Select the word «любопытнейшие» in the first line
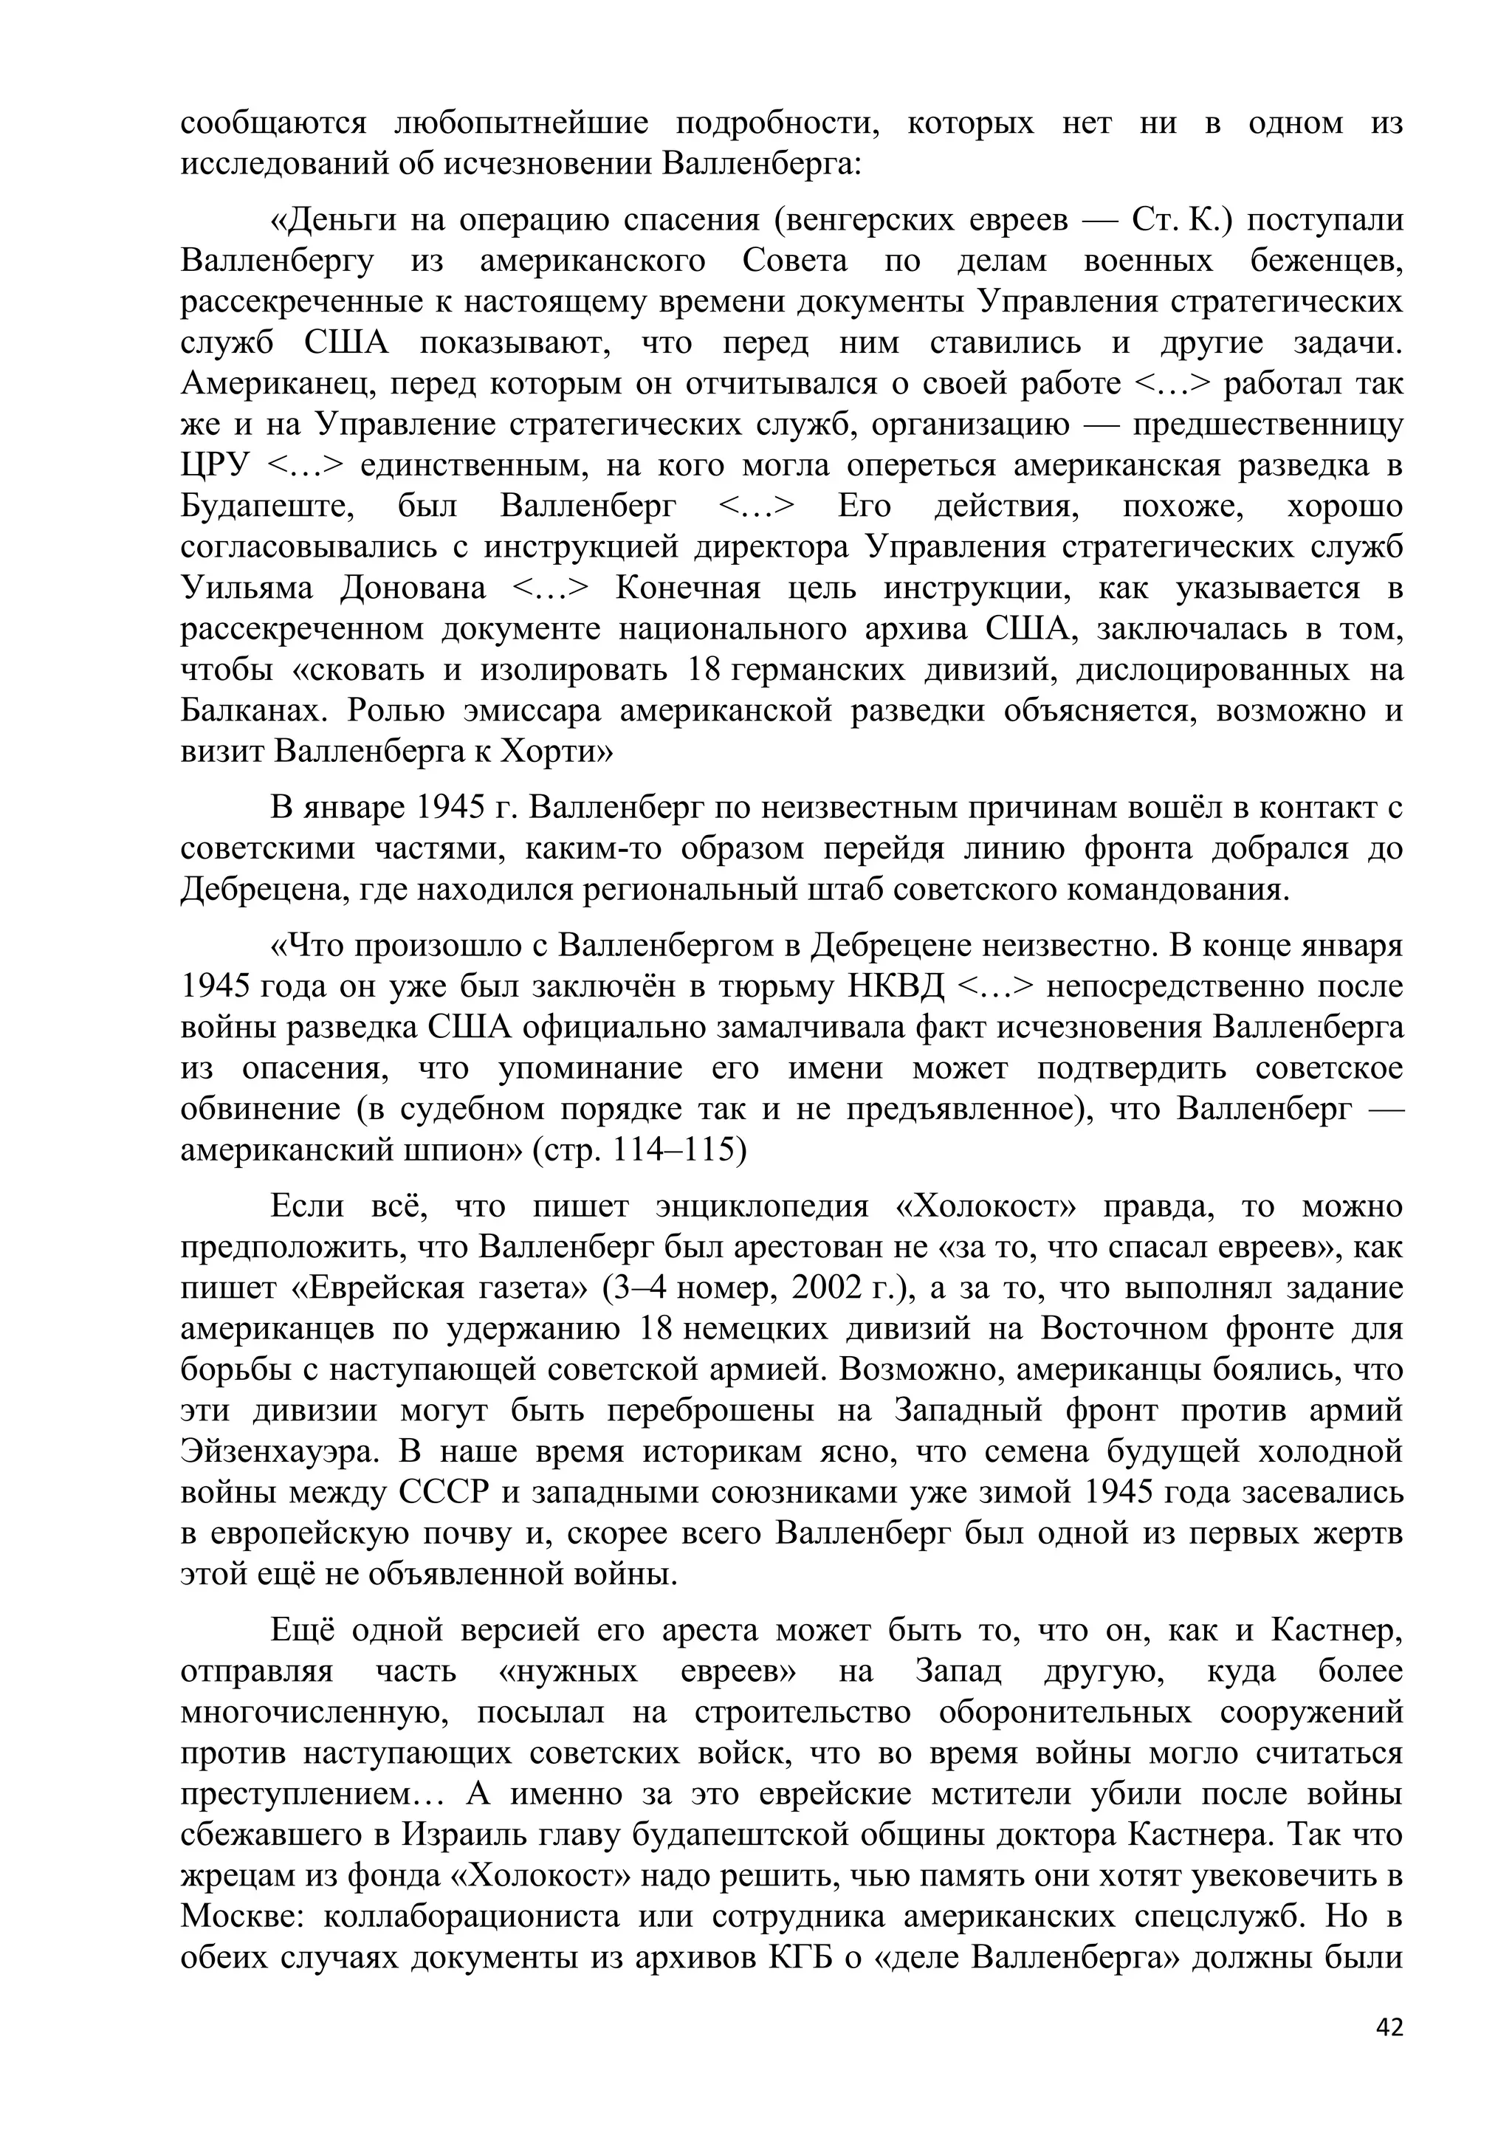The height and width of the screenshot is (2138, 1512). (521, 124)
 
